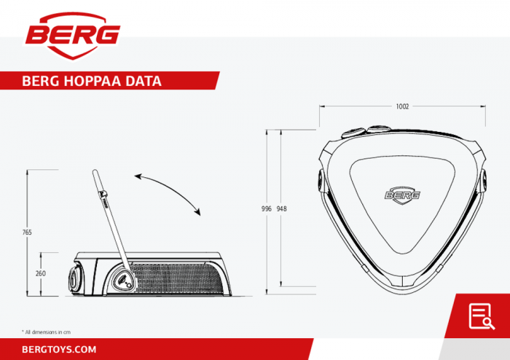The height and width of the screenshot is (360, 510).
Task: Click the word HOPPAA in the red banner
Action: click(x=87, y=81)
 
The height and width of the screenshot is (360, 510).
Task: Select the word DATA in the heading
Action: click(x=143, y=81)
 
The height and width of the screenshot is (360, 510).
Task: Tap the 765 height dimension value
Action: click(x=27, y=232)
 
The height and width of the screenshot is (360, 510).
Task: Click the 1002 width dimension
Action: click(x=402, y=106)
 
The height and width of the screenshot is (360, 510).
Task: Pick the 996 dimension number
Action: click(x=267, y=208)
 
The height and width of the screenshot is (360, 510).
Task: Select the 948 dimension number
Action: click(x=282, y=208)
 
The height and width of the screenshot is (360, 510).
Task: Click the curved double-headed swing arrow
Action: click(x=168, y=193)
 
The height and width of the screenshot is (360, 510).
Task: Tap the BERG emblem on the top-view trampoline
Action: click(x=403, y=195)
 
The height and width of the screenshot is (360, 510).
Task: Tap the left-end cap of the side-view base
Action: click(x=74, y=278)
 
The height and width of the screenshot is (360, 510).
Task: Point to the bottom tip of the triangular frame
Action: click(x=403, y=288)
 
